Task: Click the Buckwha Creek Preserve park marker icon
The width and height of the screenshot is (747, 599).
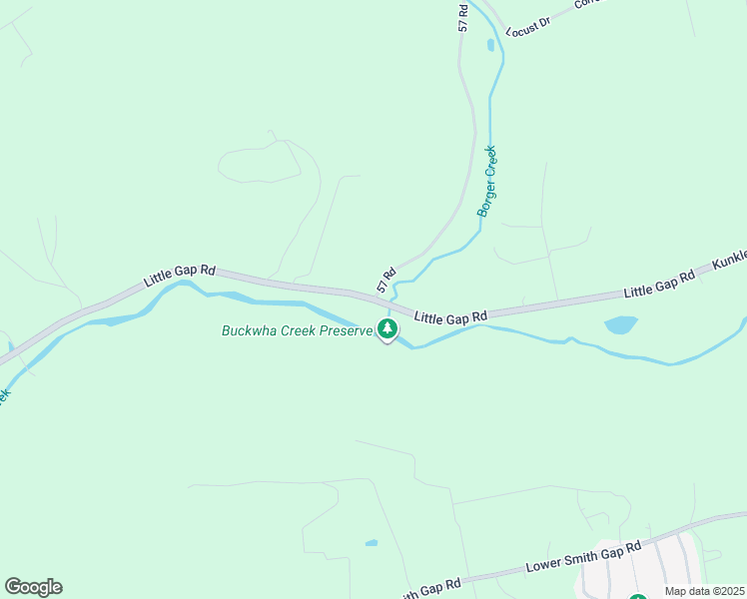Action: coord(387,328)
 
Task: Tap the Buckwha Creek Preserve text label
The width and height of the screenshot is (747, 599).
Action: coord(297,330)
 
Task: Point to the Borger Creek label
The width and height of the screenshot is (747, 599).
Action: coord(486,182)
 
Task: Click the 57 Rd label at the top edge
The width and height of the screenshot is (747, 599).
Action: coord(463,17)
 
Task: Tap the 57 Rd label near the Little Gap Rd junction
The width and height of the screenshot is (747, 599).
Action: coord(386,279)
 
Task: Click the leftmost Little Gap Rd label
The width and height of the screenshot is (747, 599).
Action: coord(180,276)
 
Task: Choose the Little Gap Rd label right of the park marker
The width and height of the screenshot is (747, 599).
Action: coord(450,316)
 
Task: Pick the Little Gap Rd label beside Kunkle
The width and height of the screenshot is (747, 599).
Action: coord(658,285)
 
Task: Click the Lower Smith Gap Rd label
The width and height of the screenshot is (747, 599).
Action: coord(581,560)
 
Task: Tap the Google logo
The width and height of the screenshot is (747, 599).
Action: coord(33,587)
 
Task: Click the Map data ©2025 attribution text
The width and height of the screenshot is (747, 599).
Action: coord(704,591)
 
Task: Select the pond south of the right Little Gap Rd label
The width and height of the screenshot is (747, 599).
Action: coord(620,324)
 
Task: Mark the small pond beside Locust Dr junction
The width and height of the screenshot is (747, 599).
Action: coord(489,45)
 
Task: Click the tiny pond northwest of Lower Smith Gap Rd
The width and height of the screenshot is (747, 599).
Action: coord(372,543)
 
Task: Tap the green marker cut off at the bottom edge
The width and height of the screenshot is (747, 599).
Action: coord(637,596)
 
